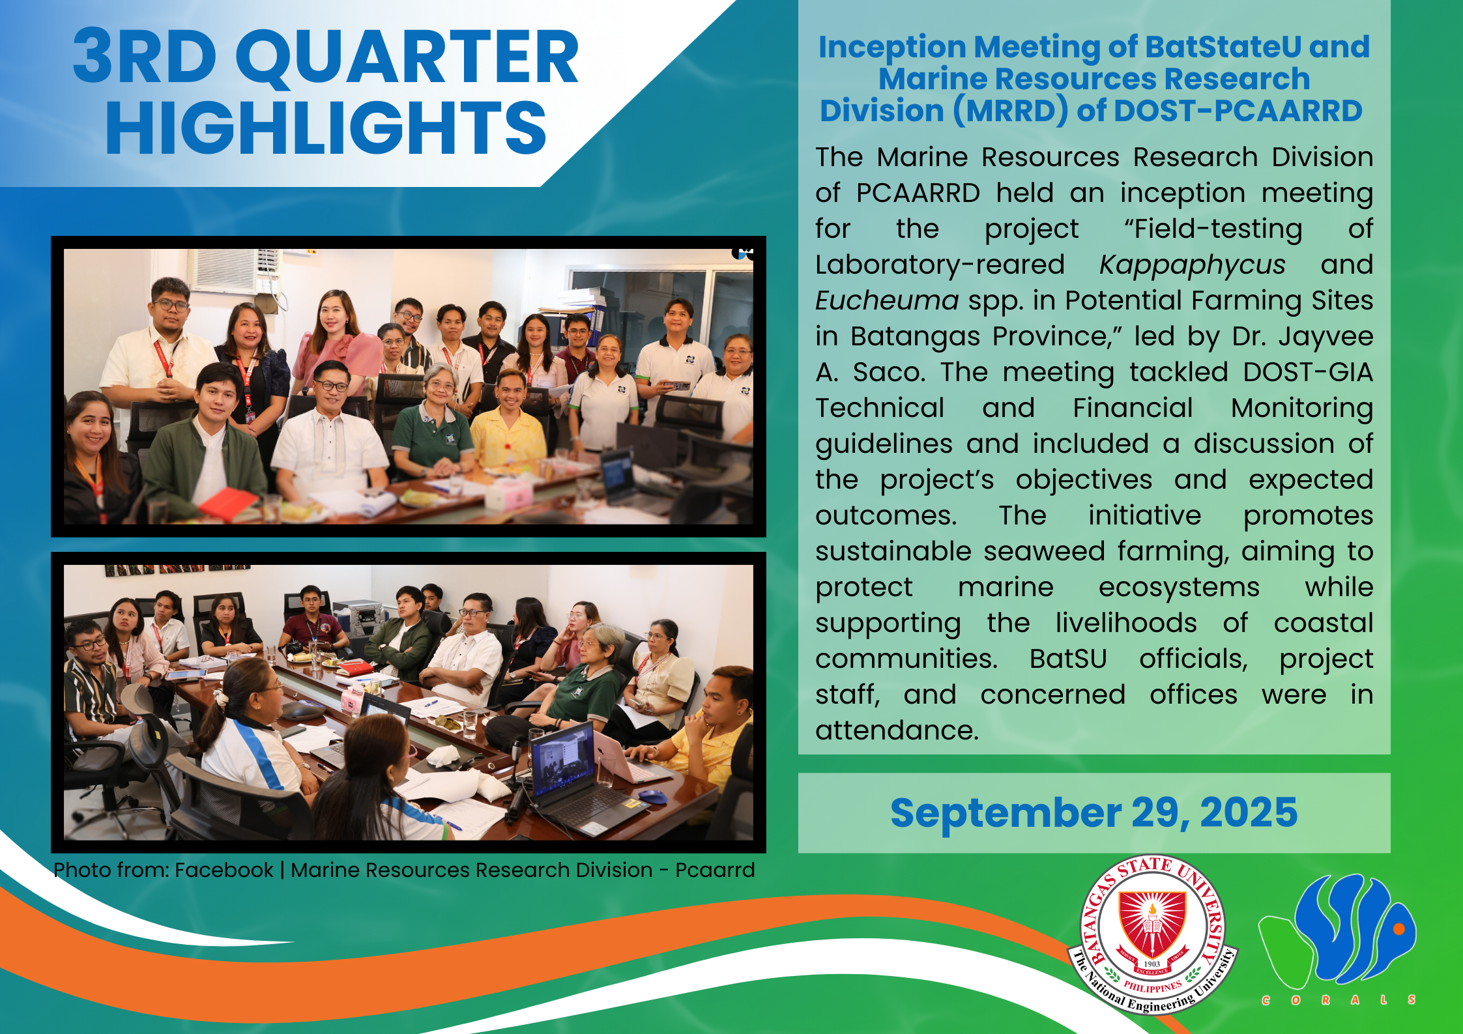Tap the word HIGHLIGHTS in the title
(326, 128)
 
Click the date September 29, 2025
(1094, 812)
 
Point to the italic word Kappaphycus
(1193, 265)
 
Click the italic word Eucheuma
(887, 300)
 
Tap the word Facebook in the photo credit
(224, 870)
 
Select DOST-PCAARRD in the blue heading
(1238, 111)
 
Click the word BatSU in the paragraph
(1068, 659)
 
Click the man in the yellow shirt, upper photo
(509, 424)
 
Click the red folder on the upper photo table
(228, 502)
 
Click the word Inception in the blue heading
(892, 48)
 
